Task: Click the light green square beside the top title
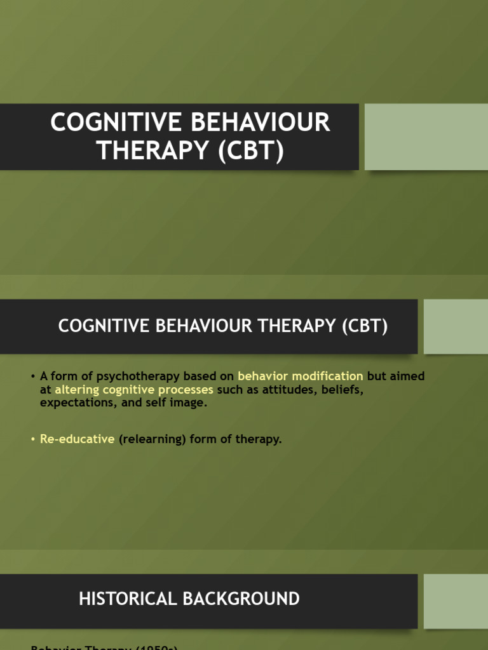click(x=426, y=137)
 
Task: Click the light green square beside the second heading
click(x=456, y=326)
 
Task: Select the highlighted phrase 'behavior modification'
click(x=301, y=376)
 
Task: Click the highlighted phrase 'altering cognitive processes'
click(x=134, y=390)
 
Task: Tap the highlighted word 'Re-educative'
click(x=78, y=439)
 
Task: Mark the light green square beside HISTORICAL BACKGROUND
click(x=456, y=601)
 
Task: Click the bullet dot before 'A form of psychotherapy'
click(x=32, y=376)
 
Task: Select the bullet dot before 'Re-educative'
click(x=32, y=439)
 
